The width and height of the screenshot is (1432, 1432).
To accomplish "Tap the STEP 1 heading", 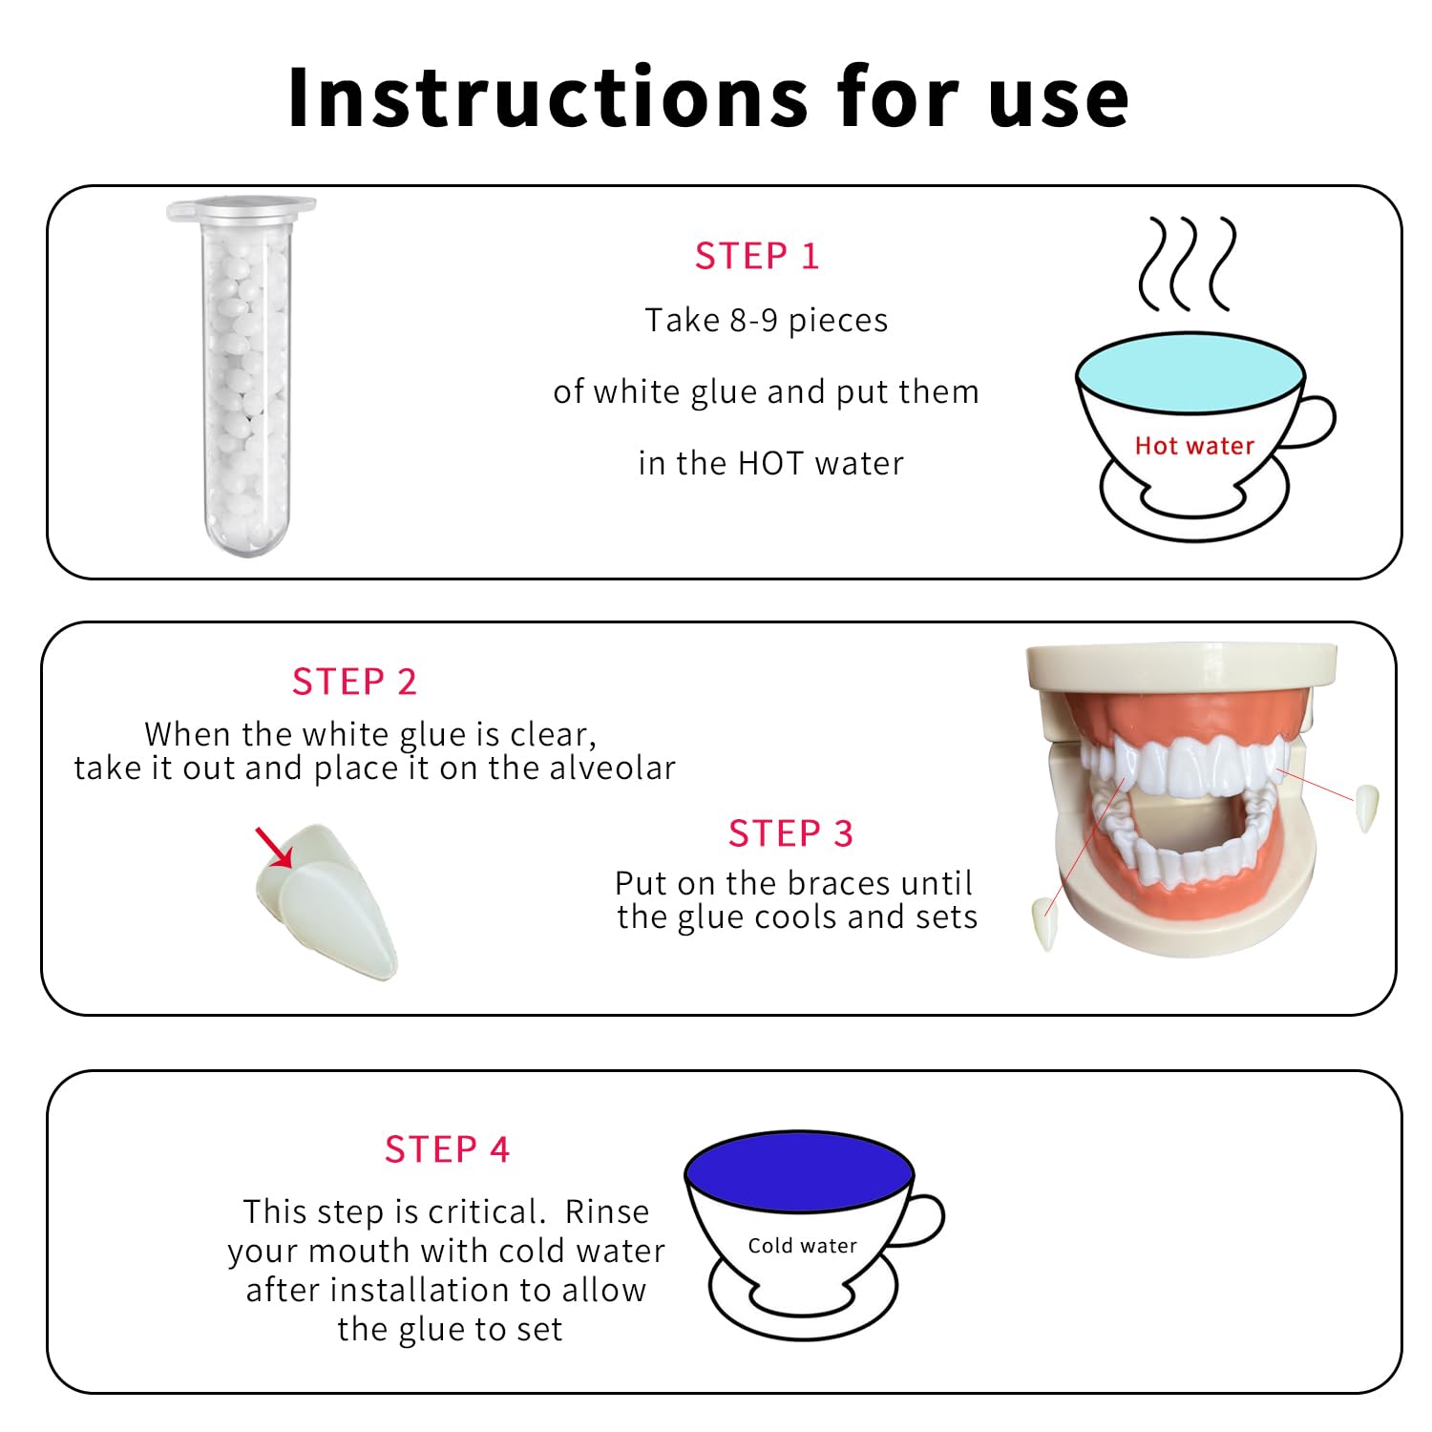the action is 757,256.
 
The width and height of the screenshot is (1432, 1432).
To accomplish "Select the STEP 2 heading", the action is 354,682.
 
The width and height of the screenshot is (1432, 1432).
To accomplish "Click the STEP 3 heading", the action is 790,833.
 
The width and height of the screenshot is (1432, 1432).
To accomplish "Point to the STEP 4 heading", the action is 447,1149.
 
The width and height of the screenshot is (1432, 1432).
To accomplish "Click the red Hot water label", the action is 1194,446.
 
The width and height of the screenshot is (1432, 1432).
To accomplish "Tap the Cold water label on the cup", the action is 802,1246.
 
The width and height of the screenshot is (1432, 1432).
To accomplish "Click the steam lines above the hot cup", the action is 1188,264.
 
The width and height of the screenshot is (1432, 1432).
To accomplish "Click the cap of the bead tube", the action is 242,208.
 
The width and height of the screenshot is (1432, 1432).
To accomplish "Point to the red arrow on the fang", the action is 274,848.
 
